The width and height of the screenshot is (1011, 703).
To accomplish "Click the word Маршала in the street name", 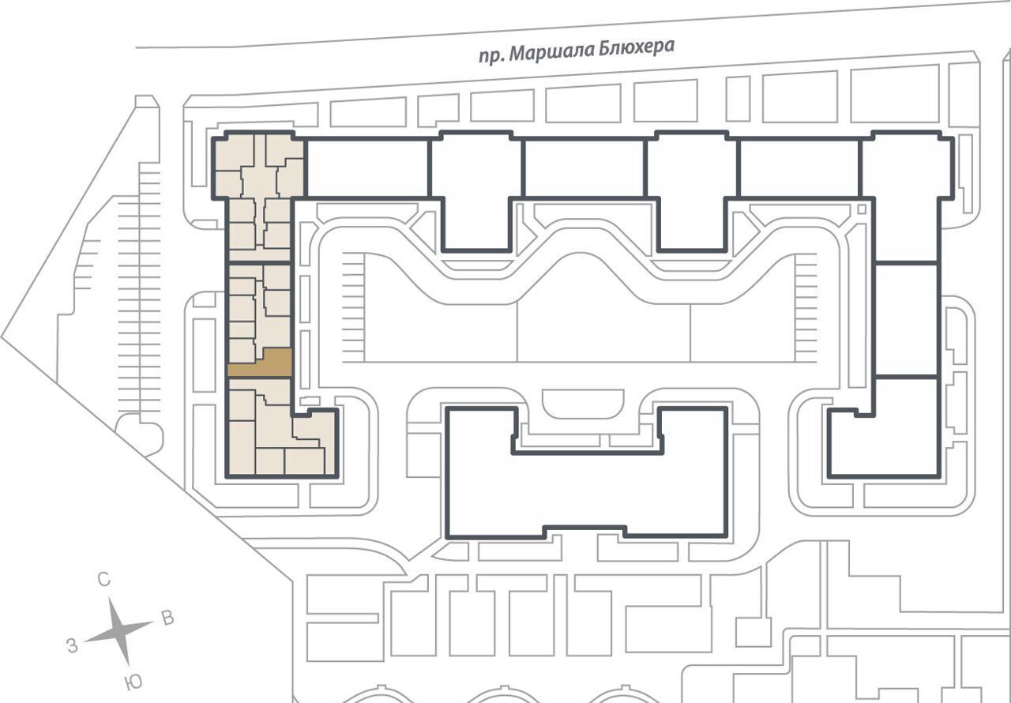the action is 552,52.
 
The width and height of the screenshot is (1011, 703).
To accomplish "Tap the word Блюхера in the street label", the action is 637,48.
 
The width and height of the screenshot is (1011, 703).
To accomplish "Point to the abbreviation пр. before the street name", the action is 491,57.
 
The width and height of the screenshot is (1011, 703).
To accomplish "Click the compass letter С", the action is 104,579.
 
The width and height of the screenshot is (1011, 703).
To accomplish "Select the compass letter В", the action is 168,618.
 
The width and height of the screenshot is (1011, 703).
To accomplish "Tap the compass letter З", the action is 72,646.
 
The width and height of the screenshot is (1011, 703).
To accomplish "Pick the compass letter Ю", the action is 134,683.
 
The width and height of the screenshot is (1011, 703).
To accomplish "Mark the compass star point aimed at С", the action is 110,599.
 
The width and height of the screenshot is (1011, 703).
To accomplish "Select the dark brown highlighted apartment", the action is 260,363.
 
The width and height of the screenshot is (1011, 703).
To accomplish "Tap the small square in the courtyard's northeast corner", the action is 862,209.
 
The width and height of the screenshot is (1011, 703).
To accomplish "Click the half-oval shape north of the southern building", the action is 583,404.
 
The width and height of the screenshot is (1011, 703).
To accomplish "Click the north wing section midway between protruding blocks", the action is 584,169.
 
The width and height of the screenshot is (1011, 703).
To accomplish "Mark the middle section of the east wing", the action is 908,319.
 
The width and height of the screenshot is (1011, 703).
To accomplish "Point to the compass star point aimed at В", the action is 151,622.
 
